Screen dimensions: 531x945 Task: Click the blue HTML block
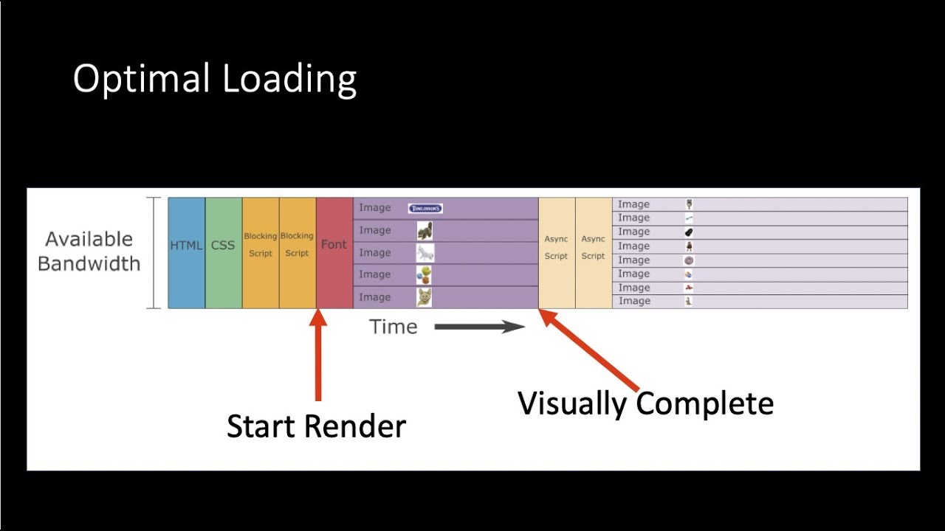(x=186, y=252)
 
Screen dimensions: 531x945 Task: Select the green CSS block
(x=223, y=252)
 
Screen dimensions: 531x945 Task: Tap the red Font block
(x=334, y=252)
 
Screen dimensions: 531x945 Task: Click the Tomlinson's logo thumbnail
(x=425, y=209)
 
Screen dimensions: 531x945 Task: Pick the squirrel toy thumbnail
(x=425, y=231)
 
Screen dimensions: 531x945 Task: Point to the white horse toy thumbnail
(x=425, y=253)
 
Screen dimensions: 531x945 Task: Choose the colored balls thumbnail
(x=424, y=275)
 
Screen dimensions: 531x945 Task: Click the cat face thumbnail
(x=424, y=297)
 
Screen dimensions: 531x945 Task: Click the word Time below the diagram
(x=393, y=327)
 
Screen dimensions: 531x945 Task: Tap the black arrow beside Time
(x=479, y=327)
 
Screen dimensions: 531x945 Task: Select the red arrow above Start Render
(x=318, y=358)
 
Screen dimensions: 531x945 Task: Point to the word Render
(x=363, y=427)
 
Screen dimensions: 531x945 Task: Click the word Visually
(x=572, y=404)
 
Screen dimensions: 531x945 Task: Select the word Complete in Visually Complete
(x=704, y=404)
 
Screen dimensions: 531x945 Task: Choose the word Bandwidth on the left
(x=89, y=264)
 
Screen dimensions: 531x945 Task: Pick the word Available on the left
(x=89, y=240)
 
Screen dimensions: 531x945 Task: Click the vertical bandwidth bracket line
(x=154, y=252)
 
